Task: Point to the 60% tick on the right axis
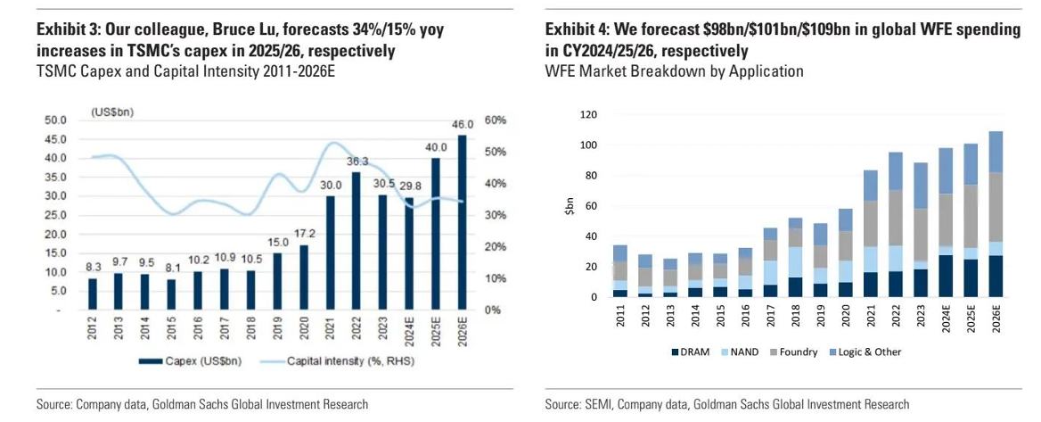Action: (496, 120)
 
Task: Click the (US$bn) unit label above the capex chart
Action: (113, 111)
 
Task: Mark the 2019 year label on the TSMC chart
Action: (278, 330)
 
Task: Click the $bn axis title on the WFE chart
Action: (568, 207)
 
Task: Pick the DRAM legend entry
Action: (692, 352)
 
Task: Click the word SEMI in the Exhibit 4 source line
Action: (595, 405)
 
